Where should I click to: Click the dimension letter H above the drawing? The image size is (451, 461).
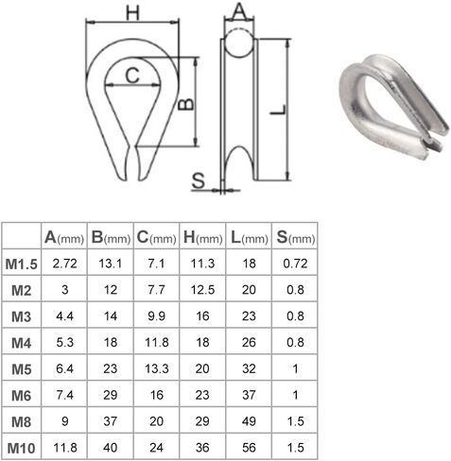pos(132,12)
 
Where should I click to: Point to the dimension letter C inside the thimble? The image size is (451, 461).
pos(133,74)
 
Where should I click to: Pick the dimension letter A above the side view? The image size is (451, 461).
pos(239,11)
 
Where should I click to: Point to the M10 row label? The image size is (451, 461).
pos(21,447)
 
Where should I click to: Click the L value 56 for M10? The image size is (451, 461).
pos(248,447)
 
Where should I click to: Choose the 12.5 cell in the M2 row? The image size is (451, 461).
pos(200,289)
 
